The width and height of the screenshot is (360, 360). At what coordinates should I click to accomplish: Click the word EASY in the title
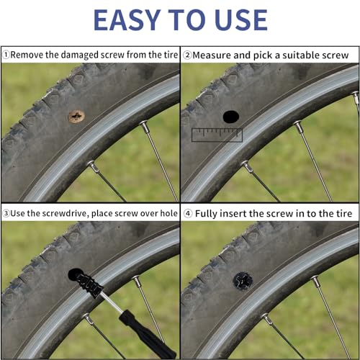[127, 19]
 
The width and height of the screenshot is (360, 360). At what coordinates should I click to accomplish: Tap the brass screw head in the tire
[76, 117]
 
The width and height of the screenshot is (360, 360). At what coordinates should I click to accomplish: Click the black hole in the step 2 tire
[231, 117]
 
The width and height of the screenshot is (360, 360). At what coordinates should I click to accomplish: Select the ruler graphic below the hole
[217, 135]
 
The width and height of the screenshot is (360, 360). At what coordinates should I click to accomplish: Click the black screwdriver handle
[148, 334]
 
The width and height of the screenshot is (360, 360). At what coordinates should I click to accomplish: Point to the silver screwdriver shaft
[112, 302]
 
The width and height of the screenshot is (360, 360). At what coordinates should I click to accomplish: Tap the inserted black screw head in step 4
[243, 281]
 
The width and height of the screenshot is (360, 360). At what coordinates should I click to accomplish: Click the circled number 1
[6, 55]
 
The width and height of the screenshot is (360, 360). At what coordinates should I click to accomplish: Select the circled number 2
[187, 55]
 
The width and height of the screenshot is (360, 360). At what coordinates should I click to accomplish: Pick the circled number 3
[6, 213]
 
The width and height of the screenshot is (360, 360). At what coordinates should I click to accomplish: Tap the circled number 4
[188, 213]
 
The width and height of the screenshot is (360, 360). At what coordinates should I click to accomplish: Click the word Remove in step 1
[27, 55]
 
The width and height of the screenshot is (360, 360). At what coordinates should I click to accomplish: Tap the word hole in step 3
[169, 213]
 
